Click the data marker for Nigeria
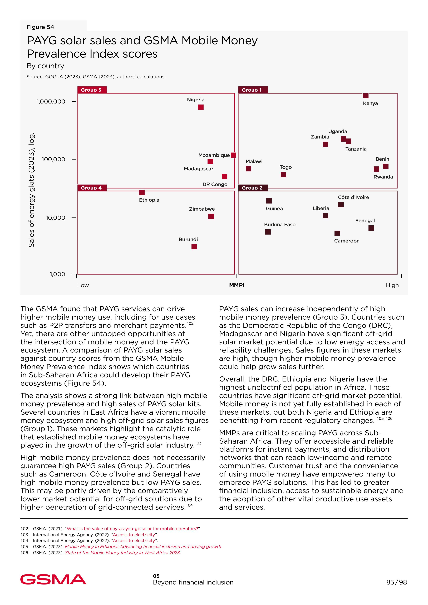point(201,107)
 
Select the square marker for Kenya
point(366,96)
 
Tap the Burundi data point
point(194,247)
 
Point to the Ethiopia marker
point(142,193)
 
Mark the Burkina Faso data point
point(268,232)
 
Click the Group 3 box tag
point(91,90)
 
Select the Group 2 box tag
point(253,188)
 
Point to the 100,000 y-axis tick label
point(53,159)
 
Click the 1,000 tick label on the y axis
point(57,274)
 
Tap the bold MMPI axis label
point(237,285)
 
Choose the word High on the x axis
point(392,285)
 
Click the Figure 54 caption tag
point(40,27)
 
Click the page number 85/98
point(396,582)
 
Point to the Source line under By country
point(96,77)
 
